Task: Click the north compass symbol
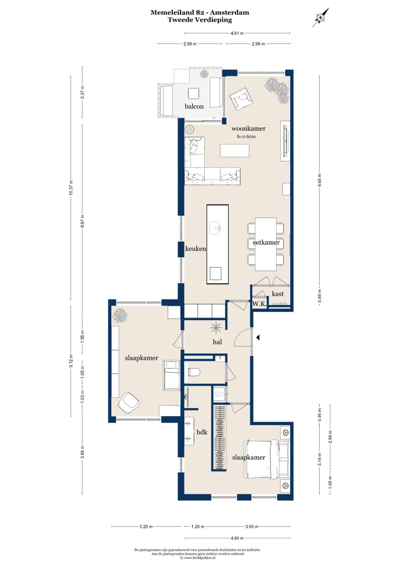[x=320, y=17]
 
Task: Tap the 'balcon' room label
[x=194, y=106]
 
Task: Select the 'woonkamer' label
[x=248, y=128]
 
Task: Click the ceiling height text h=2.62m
[x=246, y=136]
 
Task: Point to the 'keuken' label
[x=195, y=248]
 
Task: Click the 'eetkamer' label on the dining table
[x=266, y=242]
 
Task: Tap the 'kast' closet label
[x=277, y=294]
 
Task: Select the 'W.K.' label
[x=259, y=304]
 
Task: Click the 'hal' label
[x=217, y=342]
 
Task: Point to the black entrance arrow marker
[x=258, y=338]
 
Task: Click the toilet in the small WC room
[x=195, y=372]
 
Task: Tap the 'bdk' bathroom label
[x=202, y=432]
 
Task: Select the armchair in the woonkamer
[x=241, y=99]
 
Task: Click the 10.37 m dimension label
[x=71, y=188]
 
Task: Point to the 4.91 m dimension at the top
[x=237, y=33]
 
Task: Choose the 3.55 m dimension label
[x=252, y=527]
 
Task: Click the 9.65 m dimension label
[x=319, y=180]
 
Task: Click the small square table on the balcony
[x=194, y=94]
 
